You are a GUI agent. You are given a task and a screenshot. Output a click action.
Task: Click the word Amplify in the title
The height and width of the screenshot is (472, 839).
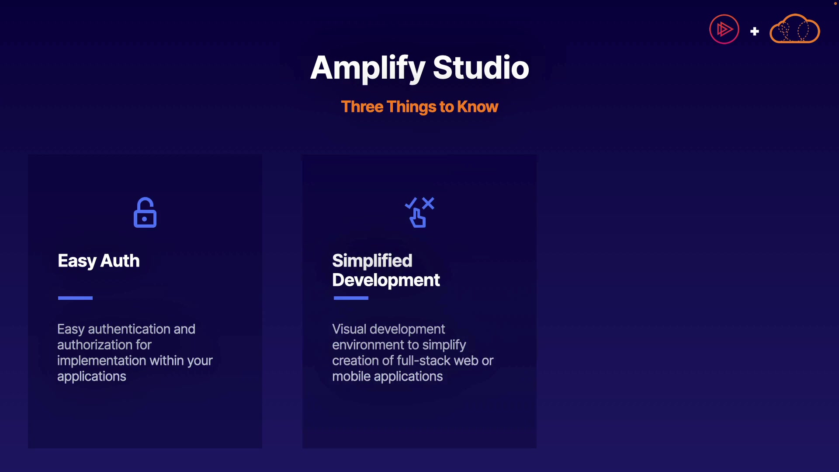(x=367, y=69)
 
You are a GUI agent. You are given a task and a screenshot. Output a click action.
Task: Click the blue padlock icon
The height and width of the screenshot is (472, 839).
(x=145, y=212)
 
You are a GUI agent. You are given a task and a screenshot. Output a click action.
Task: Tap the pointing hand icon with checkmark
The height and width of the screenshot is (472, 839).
(x=419, y=212)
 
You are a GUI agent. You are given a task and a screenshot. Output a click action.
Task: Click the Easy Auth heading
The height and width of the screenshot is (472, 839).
(x=99, y=261)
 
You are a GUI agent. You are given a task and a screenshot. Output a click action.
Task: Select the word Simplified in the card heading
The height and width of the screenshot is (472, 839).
(x=372, y=260)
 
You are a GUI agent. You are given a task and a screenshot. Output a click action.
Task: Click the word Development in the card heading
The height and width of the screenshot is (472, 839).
(x=386, y=280)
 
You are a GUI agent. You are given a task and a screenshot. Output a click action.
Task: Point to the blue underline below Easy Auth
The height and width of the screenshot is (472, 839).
(x=75, y=298)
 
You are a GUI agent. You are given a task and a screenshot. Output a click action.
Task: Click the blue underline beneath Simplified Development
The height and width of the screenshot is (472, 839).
(x=351, y=298)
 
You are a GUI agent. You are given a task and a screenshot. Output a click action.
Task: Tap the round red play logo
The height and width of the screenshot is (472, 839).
(x=724, y=29)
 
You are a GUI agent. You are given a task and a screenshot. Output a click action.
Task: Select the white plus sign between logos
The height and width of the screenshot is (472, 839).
(x=755, y=31)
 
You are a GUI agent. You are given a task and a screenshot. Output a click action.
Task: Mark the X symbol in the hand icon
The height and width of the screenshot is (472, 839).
(x=428, y=203)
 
